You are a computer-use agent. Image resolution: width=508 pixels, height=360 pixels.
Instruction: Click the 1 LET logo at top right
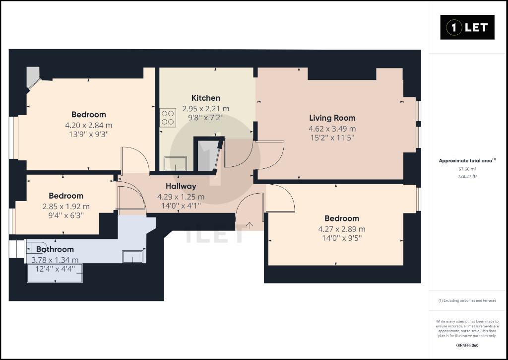coord(467,27)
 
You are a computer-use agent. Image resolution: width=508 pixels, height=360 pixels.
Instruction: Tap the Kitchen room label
coord(206,98)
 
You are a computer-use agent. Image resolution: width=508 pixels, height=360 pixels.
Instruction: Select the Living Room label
coord(332,118)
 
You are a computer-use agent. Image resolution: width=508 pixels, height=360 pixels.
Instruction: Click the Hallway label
coord(181,186)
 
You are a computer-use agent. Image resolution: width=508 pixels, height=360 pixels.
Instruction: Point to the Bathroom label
coord(55,249)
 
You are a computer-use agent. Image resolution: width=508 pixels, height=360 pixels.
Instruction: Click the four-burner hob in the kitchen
coord(168,117)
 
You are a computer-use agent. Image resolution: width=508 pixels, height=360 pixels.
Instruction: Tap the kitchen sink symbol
coord(175,163)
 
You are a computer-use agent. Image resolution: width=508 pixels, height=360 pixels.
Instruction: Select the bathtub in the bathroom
coord(55,273)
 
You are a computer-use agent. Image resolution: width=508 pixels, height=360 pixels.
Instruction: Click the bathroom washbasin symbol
coord(132,257)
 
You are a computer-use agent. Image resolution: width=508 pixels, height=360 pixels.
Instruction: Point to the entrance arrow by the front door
coord(250,224)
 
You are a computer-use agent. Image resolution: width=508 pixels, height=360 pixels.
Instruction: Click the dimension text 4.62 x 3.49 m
coord(332,129)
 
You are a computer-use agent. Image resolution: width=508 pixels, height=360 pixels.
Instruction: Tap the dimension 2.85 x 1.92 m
coord(66,207)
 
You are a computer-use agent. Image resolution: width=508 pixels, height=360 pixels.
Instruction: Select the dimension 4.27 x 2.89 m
coord(342,229)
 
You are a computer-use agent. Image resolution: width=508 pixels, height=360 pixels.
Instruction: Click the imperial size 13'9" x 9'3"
coord(89,134)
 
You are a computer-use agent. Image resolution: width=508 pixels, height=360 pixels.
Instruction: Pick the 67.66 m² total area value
coord(467,169)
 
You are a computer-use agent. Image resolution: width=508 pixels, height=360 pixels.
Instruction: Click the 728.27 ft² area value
coord(467,177)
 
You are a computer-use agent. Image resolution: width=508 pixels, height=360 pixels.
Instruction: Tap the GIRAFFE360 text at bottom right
coord(467,346)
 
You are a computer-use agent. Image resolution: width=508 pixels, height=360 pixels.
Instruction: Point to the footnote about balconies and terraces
coord(467,300)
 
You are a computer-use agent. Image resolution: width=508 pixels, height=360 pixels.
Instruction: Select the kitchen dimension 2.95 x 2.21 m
coord(206,109)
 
